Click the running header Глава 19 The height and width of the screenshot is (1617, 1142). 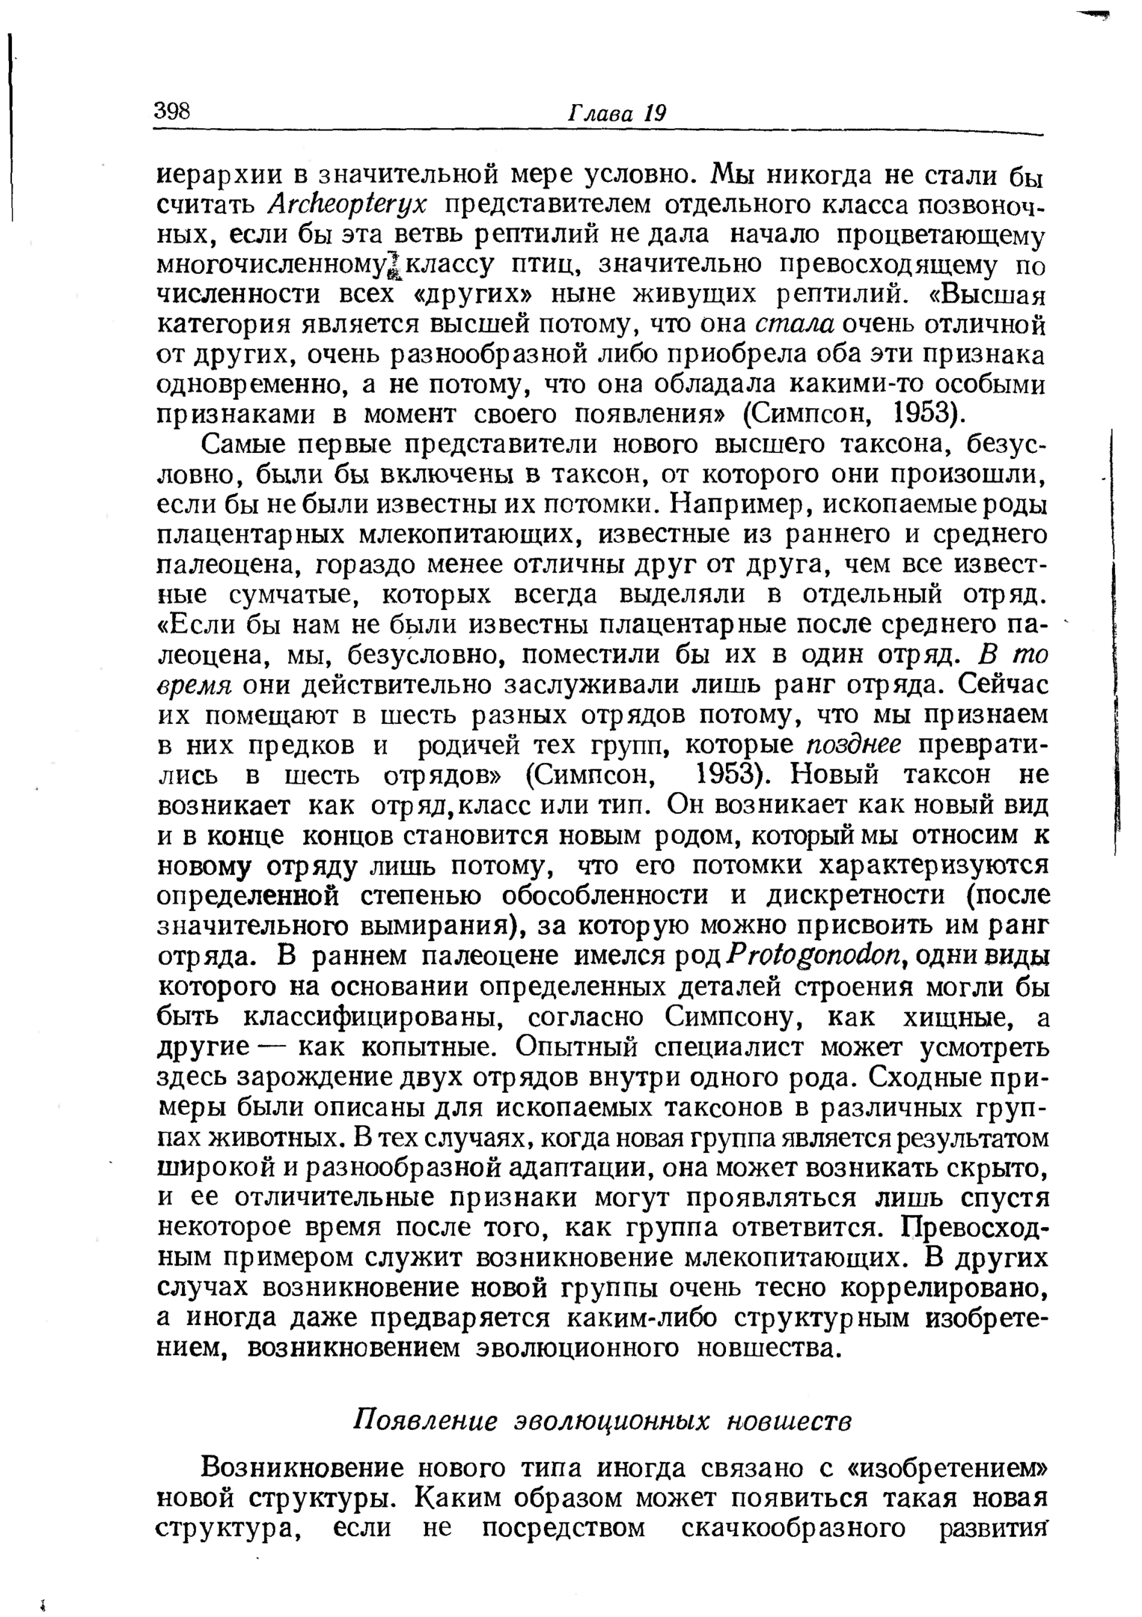coord(617,113)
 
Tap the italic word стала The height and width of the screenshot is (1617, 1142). coord(795,325)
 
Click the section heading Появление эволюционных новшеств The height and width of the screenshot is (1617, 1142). coord(602,1420)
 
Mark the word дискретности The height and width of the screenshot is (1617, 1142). coord(853,897)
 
